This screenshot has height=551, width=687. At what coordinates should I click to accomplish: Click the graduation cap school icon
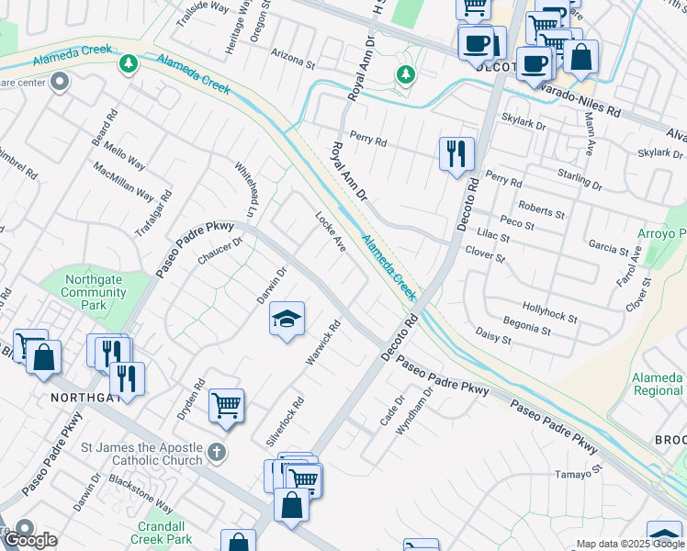(x=287, y=320)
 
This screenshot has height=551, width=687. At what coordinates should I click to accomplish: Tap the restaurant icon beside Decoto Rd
(x=456, y=153)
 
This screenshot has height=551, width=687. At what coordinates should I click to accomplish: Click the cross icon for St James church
(x=216, y=451)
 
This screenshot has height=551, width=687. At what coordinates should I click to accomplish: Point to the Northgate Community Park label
(x=94, y=292)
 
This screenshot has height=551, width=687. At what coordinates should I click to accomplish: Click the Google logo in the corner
(x=30, y=540)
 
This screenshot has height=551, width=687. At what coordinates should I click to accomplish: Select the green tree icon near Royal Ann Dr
(x=402, y=73)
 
